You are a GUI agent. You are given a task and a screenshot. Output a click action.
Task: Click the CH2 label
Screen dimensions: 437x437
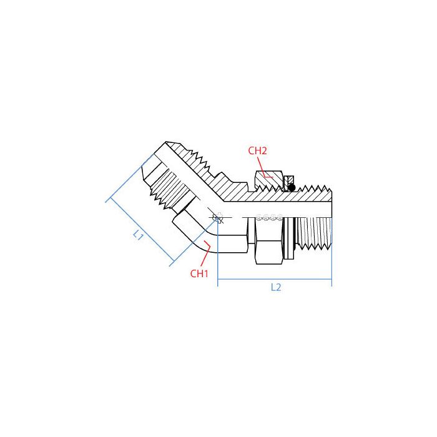click(257, 150)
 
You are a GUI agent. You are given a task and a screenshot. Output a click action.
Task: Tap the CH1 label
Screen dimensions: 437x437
click(199, 273)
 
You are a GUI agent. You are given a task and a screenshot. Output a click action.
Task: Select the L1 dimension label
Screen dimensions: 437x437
click(139, 235)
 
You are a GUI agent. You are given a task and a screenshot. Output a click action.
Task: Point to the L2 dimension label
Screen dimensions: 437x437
click(276, 288)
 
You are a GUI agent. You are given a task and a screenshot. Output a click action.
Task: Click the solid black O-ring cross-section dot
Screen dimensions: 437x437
click(291, 187)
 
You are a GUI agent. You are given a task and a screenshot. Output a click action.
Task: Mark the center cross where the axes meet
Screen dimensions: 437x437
click(217, 218)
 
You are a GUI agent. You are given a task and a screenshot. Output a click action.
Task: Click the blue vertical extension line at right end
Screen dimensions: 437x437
click(331, 268)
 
